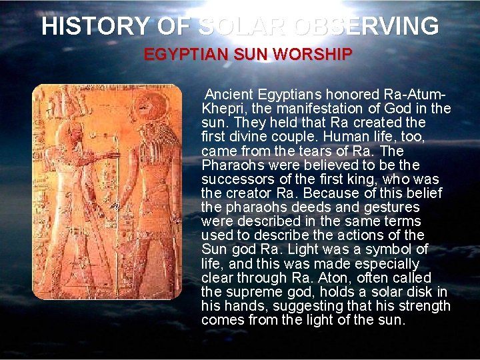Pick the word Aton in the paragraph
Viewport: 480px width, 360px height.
pyautogui.click(x=333, y=277)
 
